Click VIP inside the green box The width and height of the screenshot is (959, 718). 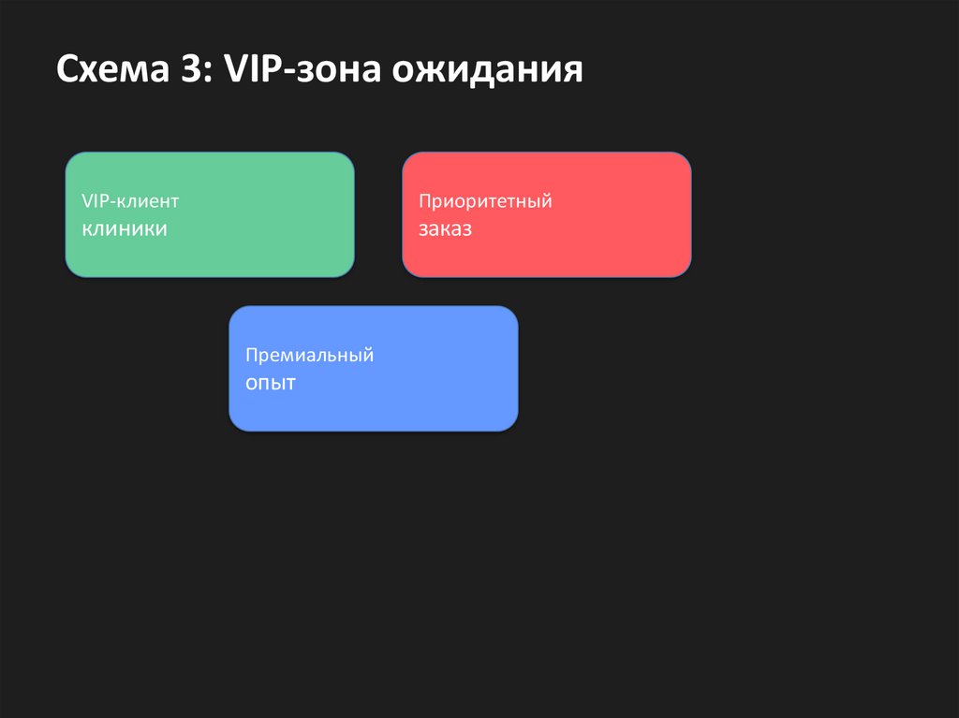(95, 201)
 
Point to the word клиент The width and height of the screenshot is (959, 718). (147, 201)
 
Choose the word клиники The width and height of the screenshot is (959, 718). (125, 227)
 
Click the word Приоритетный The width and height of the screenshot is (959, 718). (485, 201)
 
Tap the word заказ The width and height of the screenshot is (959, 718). (445, 228)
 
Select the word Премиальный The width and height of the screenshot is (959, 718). (310, 356)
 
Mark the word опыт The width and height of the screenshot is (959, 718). (271, 383)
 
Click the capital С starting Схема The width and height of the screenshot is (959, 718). (66, 70)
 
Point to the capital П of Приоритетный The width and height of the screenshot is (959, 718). (425, 200)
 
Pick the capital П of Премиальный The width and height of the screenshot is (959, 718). (252, 355)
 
